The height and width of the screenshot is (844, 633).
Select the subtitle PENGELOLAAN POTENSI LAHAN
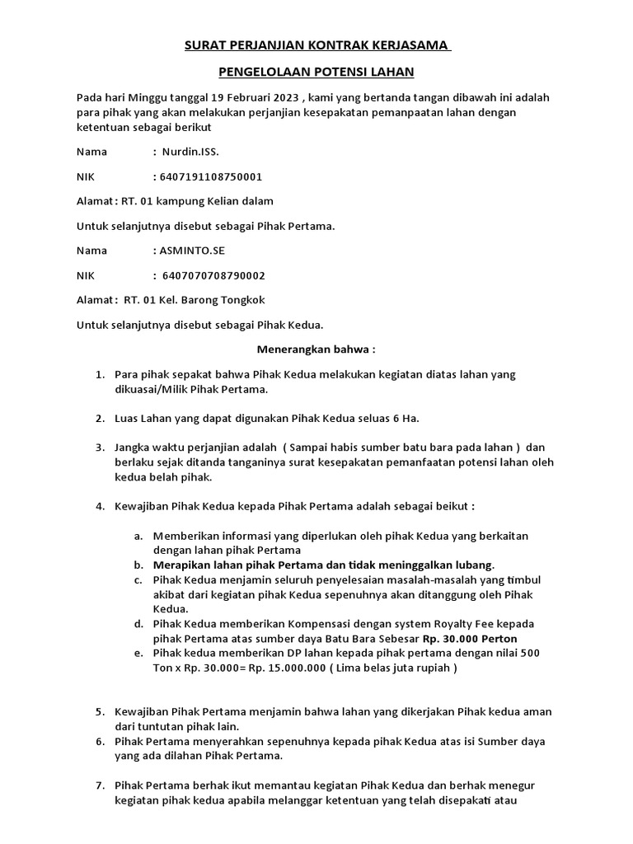[316, 73]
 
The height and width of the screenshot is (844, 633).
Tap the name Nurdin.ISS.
[190, 152]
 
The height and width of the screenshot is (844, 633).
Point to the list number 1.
[100, 374]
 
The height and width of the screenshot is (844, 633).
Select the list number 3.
[100, 448]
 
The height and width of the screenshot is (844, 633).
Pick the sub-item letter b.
[138, 565]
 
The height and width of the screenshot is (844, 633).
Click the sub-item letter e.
[138, 654]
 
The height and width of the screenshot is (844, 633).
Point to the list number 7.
[100, 785]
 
